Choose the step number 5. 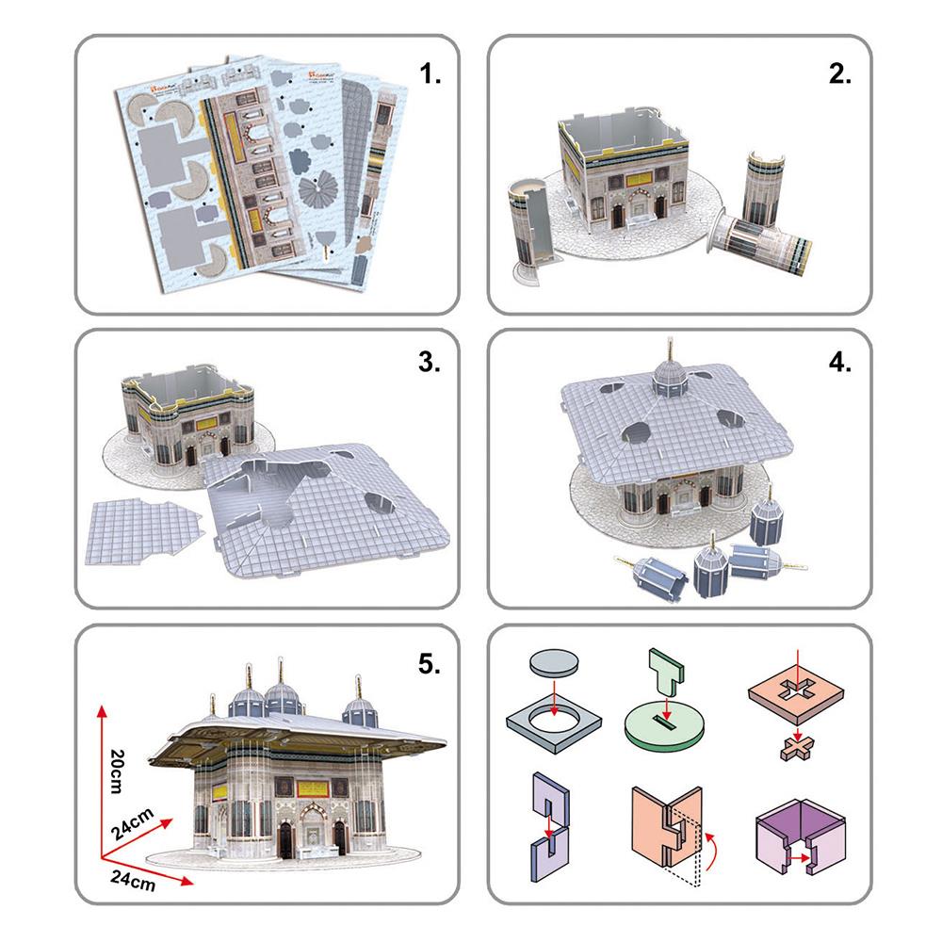(x=430, y=664)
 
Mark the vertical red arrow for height (x=98, y=768)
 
